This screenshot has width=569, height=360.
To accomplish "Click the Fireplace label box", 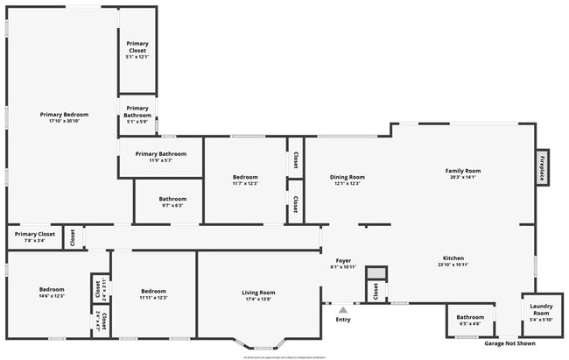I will click(543, 166).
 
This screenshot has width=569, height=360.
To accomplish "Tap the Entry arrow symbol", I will click(342, 309).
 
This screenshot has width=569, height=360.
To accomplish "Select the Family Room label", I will click(463, 171).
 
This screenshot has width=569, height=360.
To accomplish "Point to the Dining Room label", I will click(347, 178).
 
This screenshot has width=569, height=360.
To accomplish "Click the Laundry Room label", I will click(541, 309).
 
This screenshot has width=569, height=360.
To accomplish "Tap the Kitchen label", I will click(453, 258).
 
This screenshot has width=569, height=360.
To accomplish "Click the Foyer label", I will click(343, 260).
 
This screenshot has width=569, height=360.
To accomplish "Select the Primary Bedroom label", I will click(64, 115).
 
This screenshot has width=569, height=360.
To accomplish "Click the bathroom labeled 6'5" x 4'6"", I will click(470, 318).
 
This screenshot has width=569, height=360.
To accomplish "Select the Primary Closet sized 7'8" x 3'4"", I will click(35, 235).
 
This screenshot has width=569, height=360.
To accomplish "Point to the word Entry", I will click(342, 319).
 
